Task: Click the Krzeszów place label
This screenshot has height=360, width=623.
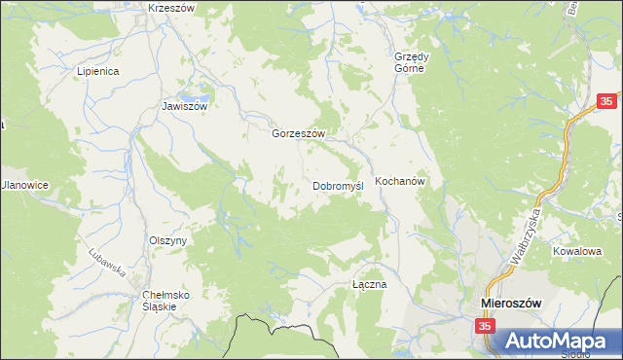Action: [x=172, y=8]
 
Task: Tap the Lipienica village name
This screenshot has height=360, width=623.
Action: [x=98, y=71]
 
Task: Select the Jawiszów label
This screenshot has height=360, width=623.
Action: [x=185, y=107]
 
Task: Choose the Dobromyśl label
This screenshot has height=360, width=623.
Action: [x=338, y=185]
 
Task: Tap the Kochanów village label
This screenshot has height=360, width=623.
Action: [x=402, y=182]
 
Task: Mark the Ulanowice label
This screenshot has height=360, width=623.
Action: [x=23, y=185]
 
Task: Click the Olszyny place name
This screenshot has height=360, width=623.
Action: [x=167, y=239]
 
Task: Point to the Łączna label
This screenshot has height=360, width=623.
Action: [x=370, y=284]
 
